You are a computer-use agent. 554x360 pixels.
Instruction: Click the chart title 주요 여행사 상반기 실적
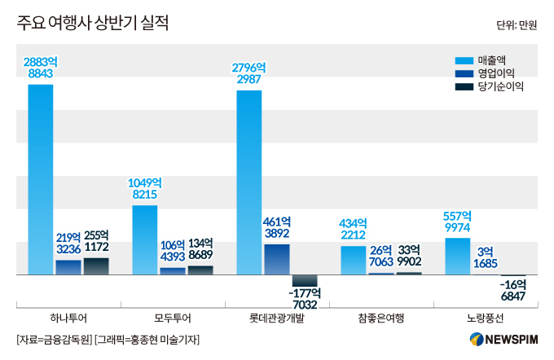click(x=92, y=24)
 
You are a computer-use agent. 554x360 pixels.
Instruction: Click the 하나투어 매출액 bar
click(x=40, y=179)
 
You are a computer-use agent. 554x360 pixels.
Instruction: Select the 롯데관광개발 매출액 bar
click(x=248, y=182)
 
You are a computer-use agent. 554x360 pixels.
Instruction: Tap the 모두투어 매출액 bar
click(x=144, y=239)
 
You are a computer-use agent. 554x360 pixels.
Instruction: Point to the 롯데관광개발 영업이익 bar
click(x=277, y=259)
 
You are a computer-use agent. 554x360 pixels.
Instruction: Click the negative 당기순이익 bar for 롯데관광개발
click(x=305, y=280)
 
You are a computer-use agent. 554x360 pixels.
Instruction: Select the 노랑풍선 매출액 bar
click(x=457, y=256)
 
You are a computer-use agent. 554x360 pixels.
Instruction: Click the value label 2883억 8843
click(x=41, y=68)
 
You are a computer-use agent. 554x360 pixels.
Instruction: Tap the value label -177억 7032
click(x=305, y=299)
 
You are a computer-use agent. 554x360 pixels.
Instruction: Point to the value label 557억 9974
click(x=457, y=222)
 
